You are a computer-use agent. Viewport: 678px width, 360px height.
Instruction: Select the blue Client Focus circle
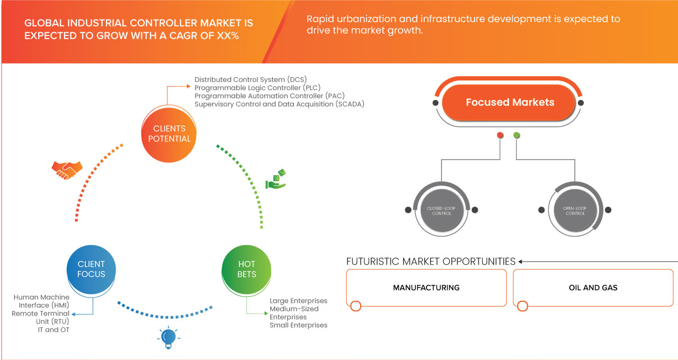click(91, 268)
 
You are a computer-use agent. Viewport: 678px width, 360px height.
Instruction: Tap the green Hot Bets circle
click(246, 268)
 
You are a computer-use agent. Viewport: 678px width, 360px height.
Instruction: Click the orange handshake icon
click(67, 169)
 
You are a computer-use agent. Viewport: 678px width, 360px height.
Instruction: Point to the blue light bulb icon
click(168, 337)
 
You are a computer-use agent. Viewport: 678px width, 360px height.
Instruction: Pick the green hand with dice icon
click(275, 179)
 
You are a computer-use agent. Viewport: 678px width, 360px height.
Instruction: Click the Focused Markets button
click(510, 103)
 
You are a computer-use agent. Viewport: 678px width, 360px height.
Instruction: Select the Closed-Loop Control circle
click(441, 210)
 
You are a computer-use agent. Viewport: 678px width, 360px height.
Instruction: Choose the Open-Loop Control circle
click(575, 210)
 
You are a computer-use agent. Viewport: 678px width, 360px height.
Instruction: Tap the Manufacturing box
click(426, 288)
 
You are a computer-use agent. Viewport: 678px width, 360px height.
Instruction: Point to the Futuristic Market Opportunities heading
click(431, 262)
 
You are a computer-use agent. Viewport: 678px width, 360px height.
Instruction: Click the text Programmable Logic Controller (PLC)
click(257, 88)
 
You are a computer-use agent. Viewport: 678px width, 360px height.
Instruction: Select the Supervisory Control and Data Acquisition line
click(279, 104)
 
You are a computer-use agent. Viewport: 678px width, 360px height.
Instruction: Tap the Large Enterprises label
click(298, 301)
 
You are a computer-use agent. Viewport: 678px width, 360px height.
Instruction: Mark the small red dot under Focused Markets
click(500, 136)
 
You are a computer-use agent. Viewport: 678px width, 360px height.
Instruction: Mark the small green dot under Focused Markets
click(516, 136)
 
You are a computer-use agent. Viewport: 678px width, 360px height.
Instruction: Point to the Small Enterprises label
click(298, 325)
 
